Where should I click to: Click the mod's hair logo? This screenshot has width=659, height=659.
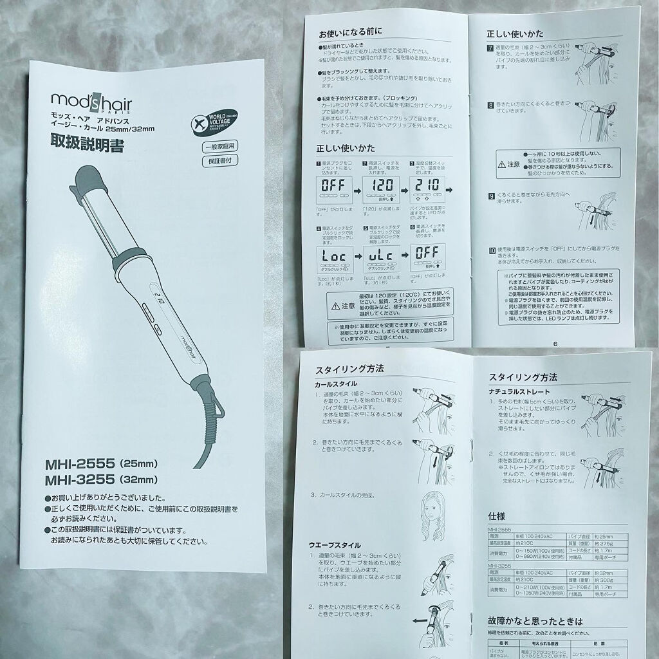(91, 101)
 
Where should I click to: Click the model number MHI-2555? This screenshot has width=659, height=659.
(79, 463)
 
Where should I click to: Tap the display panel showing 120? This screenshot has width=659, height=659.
(384, 187)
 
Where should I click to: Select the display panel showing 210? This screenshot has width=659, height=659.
(429, 187)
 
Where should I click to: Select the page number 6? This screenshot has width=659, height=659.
(555, 343)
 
